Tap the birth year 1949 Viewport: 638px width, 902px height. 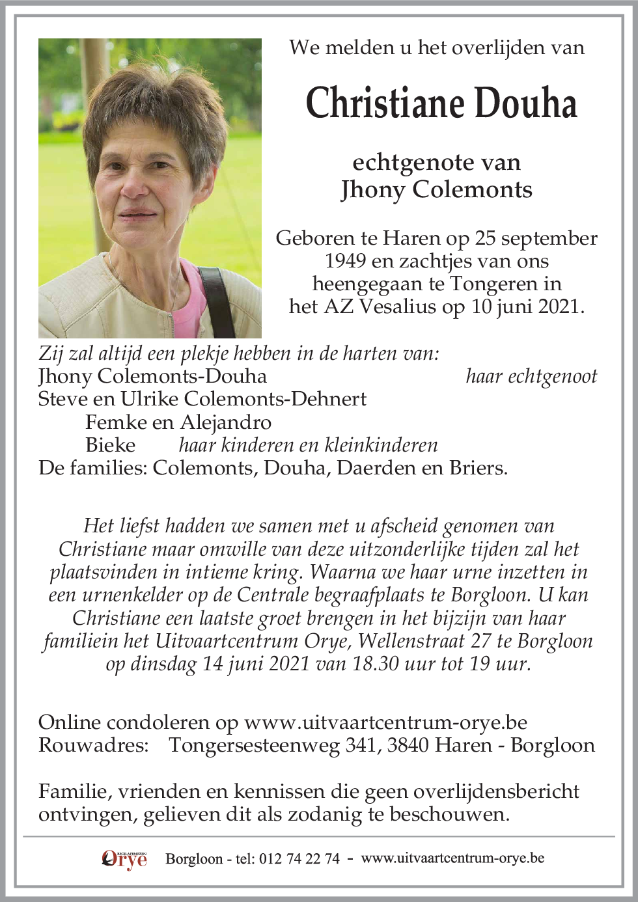[346, 261]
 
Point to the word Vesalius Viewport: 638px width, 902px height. [396, 307]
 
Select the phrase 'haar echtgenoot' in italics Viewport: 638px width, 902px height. [531, 376]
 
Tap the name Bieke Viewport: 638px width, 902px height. [110, 445]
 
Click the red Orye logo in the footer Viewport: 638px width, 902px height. [124, 859]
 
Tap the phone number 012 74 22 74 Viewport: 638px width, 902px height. [299, 859]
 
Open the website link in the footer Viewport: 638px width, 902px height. [452, 858]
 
